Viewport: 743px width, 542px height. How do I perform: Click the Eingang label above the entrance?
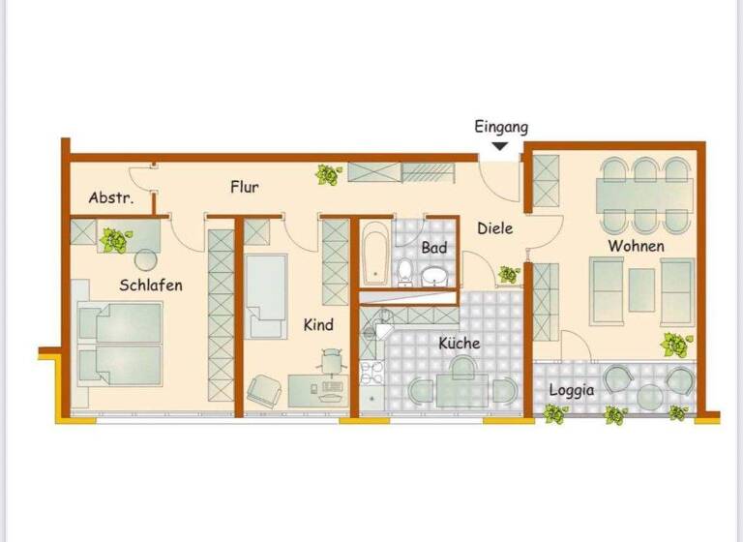[x=501, y=127]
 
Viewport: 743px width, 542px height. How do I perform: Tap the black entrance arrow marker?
[x=500, y=146]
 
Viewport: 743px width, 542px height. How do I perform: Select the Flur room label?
[x=244, y=187]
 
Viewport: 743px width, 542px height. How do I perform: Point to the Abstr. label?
[x=110, y=197]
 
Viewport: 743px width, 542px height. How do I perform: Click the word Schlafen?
[x=151, y=285]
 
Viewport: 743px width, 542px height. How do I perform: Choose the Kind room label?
[x=318, y=325]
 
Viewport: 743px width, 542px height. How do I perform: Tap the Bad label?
[x=434, y=249]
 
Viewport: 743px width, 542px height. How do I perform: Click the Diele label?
[x=495, y=228]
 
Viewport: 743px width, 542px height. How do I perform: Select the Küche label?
[x=459, y=343]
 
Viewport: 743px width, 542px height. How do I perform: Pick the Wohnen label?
[x=636, y=246]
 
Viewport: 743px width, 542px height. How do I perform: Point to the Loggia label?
[x=572, y=391]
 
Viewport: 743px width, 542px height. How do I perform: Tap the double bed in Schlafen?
[x=118, y=345]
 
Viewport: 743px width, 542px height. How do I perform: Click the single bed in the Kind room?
[x=266, y=295]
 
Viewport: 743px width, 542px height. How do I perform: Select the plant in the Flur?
[x=329, y=175]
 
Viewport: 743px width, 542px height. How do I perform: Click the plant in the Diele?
[x=509, y=275]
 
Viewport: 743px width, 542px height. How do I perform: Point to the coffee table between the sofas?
[x=641, y=290]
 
